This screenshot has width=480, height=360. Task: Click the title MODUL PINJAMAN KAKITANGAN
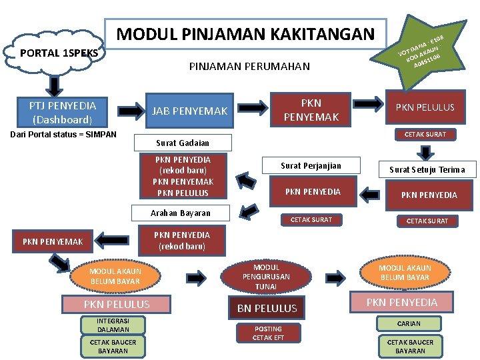click(x=245, y=34)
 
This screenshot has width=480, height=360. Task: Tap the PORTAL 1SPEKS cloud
click(x=59, y=52)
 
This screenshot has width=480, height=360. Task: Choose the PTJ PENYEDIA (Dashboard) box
click(x=63, y=113)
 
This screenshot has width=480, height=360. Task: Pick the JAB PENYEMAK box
click(x=190, y=111)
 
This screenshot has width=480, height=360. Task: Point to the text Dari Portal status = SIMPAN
click(x=63, y=135)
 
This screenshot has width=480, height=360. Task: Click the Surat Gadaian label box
click(x=183, y=143)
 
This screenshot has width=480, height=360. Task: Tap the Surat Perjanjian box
click(x=311, y=165)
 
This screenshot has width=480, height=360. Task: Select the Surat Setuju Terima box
click(x=427, y=169)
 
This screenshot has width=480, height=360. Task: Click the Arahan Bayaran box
click(x=181, y=213)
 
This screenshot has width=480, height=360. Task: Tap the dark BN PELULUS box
click(x=267, y=308)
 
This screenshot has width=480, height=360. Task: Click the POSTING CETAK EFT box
click(x=267, y=333)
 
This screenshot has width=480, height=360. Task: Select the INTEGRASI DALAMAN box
click(x=113, y=325)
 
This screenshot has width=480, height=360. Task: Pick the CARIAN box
click(x=409, y=323)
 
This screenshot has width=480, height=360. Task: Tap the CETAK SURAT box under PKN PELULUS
click(x=426, y=135)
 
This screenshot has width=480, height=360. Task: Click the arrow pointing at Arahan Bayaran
click(x=250, y=211)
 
